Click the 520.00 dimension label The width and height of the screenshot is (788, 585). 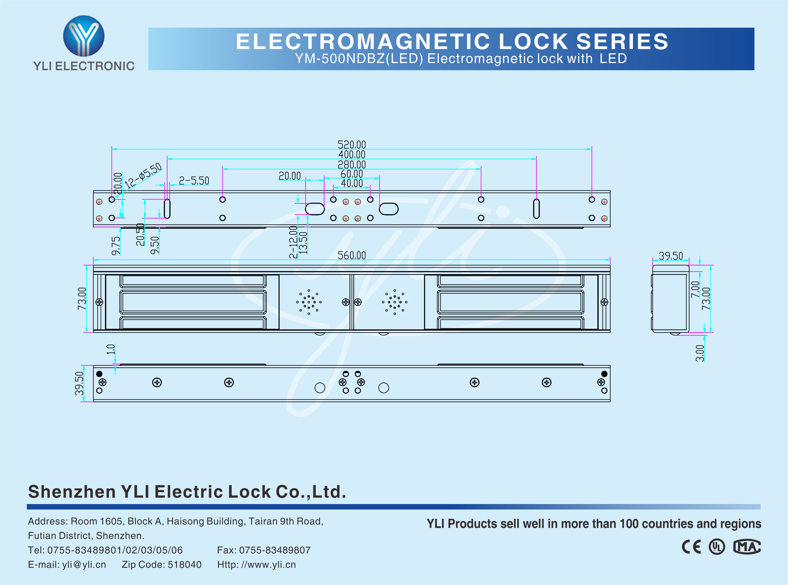click(x=352, y=144)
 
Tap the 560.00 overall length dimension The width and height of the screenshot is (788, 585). click(x=352, y=255)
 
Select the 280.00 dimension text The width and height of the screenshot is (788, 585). click(x=352, y=165)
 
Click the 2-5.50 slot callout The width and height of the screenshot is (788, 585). click(x=194, y=181)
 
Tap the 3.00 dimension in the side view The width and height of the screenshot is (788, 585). click(x=700, y=353)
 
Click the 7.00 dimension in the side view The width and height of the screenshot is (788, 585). click(x=695, y=289)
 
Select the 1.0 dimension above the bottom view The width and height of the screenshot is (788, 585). click(x=111, y=350)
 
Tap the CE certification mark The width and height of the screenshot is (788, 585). click(x=691, y=547)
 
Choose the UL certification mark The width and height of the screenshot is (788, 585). click(x=716, y=547)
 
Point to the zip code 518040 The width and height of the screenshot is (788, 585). click(x=185, y=564)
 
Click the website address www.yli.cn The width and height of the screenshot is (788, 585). click(x=268, y=564)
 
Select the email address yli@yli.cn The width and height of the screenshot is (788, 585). click(x=84, y=564)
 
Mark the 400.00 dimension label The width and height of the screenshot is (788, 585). click(x=352, y=155)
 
